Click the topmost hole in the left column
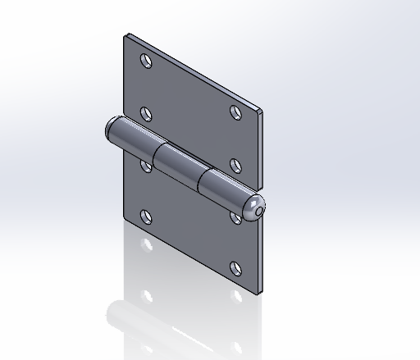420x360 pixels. coord(147,62)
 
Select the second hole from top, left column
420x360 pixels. coord(147,113)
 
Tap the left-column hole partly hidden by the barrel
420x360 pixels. coord(146,166)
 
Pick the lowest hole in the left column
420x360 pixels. coord(147,217)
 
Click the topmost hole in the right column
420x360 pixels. coord(235,112)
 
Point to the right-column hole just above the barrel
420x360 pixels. coord(235,163)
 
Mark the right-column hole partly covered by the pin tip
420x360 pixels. coord(236,216)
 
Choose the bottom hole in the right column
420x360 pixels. coord(236,267)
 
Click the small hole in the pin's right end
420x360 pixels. coord(260,211)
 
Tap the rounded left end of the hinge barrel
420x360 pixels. coord(111,129)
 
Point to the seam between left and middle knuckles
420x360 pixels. coord(157,154)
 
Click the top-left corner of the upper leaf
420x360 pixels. coord(126,35)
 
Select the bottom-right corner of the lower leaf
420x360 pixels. coord(262,291)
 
